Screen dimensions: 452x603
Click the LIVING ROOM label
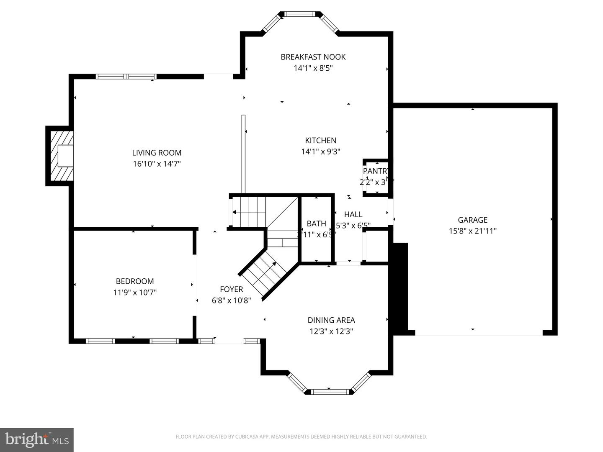click(157, 153)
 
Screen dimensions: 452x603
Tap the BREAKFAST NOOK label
click(313, 57)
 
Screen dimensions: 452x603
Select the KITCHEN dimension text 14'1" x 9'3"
click(320, 152)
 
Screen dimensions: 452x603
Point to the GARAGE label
click(472, 220)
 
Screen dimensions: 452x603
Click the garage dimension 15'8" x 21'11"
click(472, 231)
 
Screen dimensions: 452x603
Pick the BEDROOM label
click(135, 281)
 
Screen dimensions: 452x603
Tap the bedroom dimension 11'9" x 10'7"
click(135, 292)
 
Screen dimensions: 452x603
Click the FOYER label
click(231, 289)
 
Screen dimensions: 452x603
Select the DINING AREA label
click(331, 320)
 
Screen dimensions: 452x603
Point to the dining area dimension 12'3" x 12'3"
click(331, 331)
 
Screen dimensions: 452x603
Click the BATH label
click(316, 223)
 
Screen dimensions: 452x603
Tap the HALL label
click(353, 214)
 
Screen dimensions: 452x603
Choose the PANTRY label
click(376, 171)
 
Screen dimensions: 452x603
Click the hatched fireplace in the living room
click(60, 156)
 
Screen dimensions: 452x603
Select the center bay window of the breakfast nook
click(299, 14)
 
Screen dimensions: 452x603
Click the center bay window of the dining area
click(330, 392)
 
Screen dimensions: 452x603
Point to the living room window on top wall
click(126, 77)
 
